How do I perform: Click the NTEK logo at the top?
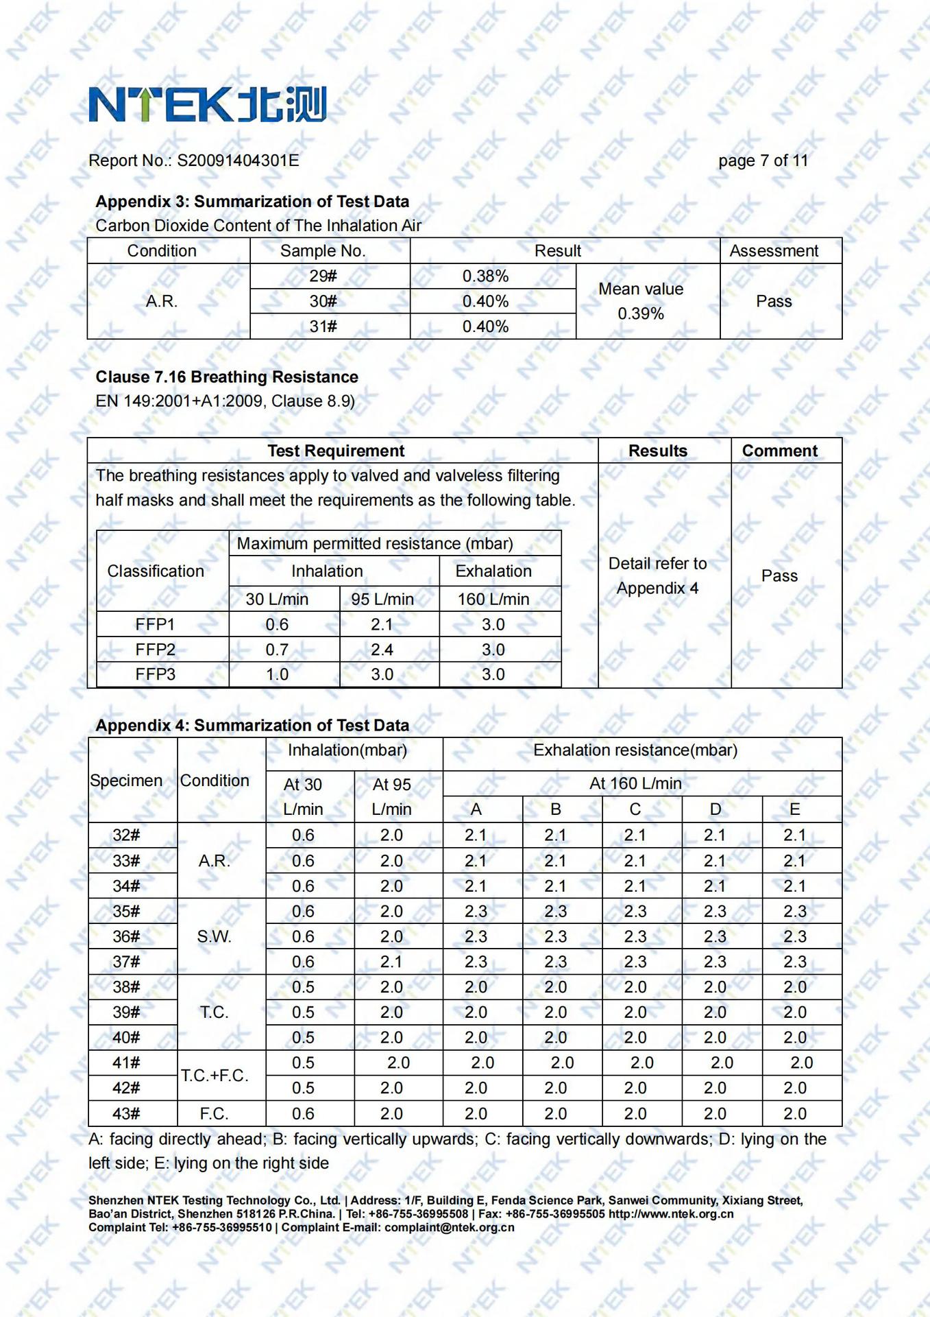(207, 104)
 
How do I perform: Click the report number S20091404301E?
(238, 161)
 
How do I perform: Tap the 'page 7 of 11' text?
(763, 161)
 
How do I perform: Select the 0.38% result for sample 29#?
(485, 276)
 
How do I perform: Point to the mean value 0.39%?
(641, 313)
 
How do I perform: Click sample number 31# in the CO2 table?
(323, 327)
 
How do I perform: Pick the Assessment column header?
(774, 251)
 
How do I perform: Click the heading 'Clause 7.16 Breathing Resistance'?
(227, 377)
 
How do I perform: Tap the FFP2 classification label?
(156, 649)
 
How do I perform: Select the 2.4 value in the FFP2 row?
(382, 650)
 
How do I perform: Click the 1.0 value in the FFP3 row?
(277, 674)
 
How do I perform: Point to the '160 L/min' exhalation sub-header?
(493, 599)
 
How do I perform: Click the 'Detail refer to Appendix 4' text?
(657, 576)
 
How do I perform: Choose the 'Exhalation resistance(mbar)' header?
(635, 750)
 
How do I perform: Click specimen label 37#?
(126, 962)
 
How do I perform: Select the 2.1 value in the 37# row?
(391, 962)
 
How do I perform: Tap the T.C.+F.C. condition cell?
(215, 1075)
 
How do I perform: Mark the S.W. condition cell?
(215, 936)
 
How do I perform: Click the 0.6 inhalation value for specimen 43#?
(303, 1113)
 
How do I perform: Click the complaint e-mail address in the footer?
(449, 1227)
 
